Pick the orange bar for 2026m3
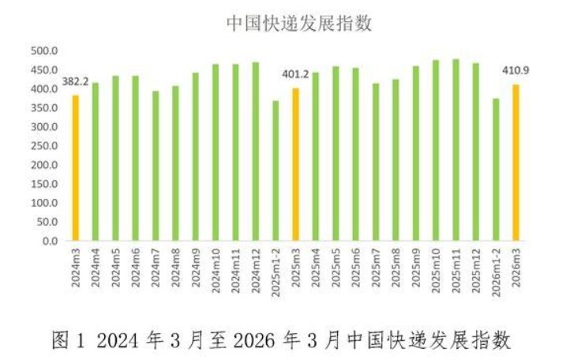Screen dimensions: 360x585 (x=516, y=162)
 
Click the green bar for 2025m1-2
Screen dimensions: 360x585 (x=276, y=171)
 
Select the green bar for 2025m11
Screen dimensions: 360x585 (x=456, y=150)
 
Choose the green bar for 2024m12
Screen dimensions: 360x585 (x=255, y=151)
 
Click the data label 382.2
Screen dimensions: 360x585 (x=75, y=81)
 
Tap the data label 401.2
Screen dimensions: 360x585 (x=295, y=75)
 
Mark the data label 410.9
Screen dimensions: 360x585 (x=516, y=70)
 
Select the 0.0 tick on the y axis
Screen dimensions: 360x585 (x=50, y=241)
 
